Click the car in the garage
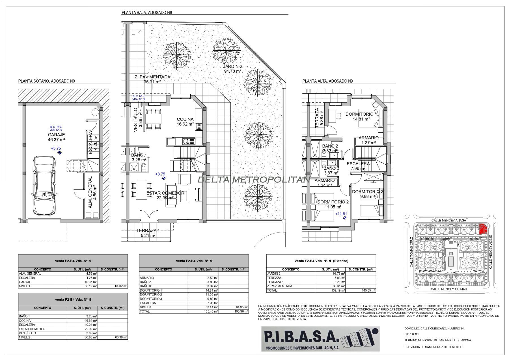[44, 187]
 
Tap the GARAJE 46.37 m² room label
[57, 137]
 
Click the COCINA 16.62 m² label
[185, 122]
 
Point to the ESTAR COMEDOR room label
[165, 193]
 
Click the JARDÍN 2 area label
[232, 69]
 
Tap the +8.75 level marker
[160, 174]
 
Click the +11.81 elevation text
[341, 214]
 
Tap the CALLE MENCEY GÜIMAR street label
[449, 289]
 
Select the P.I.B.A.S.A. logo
[320, 339]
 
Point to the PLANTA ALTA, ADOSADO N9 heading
[327, 81]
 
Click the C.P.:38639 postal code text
[411, 334]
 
